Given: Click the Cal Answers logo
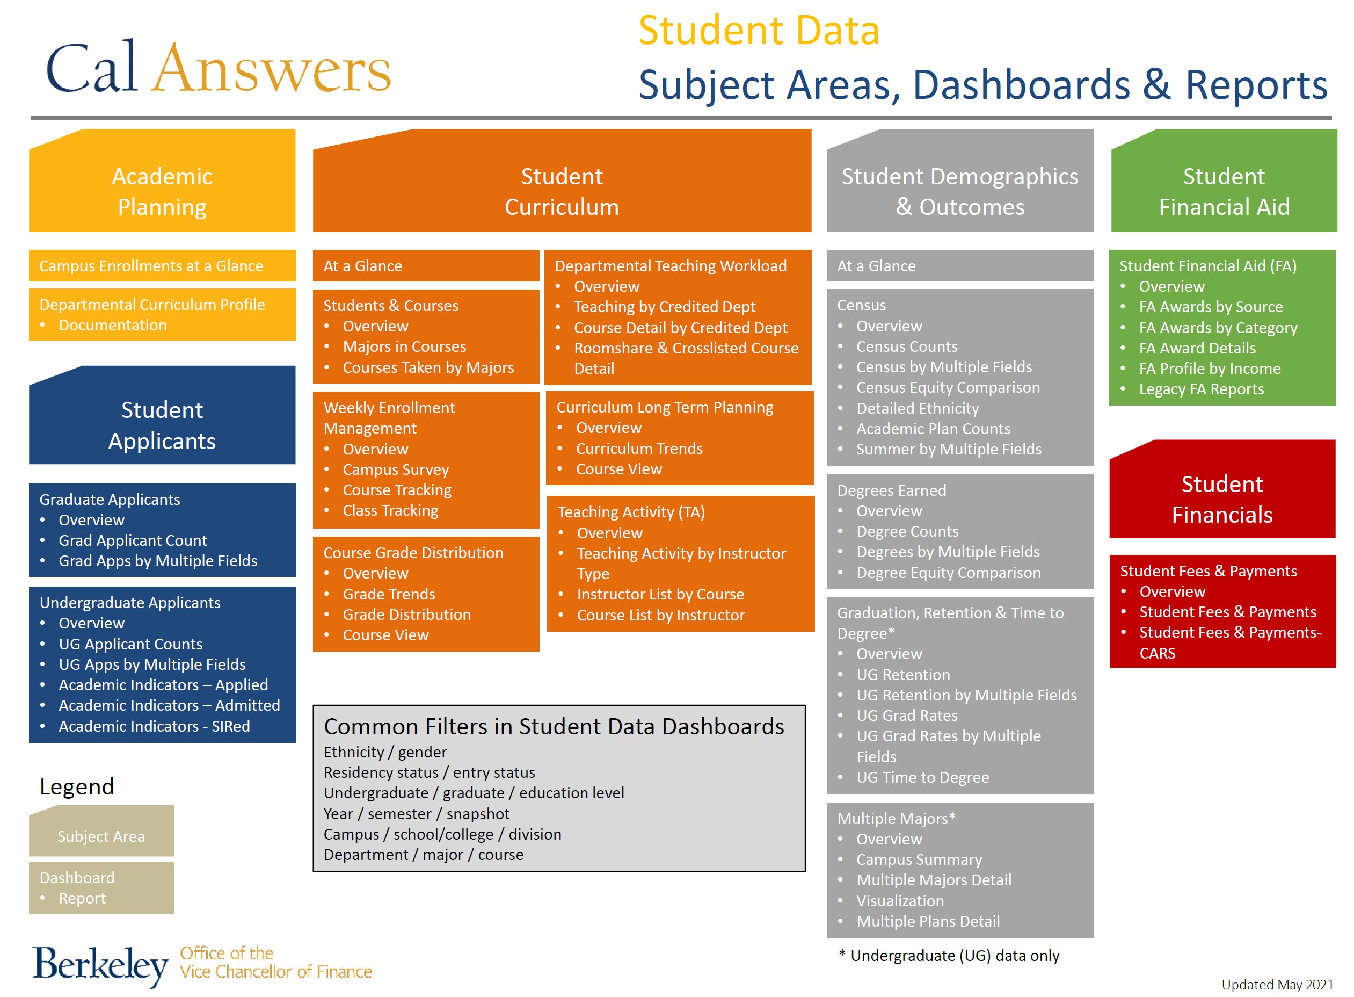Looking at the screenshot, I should tap(219, 68).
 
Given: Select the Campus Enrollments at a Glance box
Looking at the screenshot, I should tap(151, 266).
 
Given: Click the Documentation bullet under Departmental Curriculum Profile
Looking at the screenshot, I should tap(112, 326).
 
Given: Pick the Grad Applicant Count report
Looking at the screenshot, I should tap(132, 540).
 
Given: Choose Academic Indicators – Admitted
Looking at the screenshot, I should tap(169, 705).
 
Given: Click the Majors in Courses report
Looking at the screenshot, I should tap(404, 346).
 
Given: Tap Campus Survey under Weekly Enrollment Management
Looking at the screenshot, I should tap(396, 469).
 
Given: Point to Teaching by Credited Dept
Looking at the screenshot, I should tap(664, 307).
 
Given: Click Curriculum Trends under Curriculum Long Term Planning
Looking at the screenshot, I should tap(639, 449).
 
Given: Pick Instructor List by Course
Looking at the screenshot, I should tap(660, 594).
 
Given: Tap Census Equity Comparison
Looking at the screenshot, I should tap(948, 387).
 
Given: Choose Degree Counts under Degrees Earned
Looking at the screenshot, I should tap(907, 531).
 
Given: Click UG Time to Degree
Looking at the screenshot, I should tap(922, 777).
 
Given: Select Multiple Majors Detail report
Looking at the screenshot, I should tap(934, 880).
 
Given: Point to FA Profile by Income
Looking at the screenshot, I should tap(1209, 369).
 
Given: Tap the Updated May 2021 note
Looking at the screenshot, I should tap(1277, 984).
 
